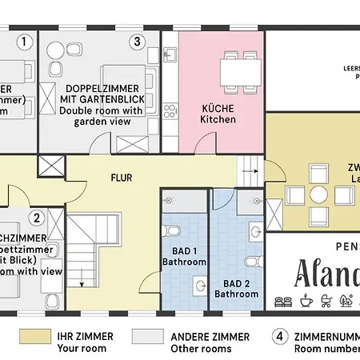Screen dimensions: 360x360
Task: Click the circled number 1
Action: [x=25, y=40]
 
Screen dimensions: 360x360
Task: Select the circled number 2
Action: [x=36, y=217]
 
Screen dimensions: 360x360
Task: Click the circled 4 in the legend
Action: [x=279, y=336]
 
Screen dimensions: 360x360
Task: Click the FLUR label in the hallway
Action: [x=122, y=178]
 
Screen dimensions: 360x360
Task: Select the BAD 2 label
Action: [x=236, y=282]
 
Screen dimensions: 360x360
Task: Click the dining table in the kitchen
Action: [x=240, y=69]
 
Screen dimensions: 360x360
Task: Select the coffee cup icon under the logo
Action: [x=306, y=301]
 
